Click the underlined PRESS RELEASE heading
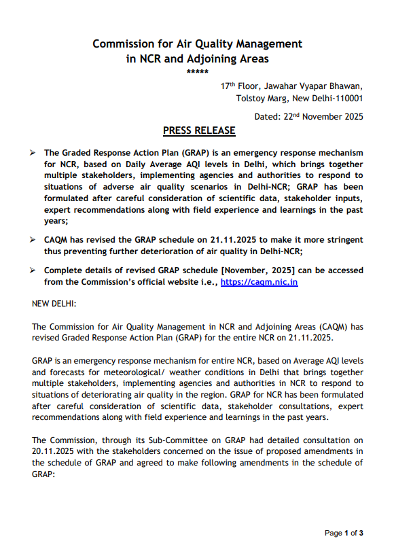coord(199,130)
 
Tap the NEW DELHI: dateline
coord(54,301)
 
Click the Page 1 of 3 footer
coord(344,533)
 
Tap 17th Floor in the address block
coord(238,86)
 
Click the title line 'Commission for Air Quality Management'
coord(197,43)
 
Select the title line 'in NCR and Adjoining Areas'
coord(197,58)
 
